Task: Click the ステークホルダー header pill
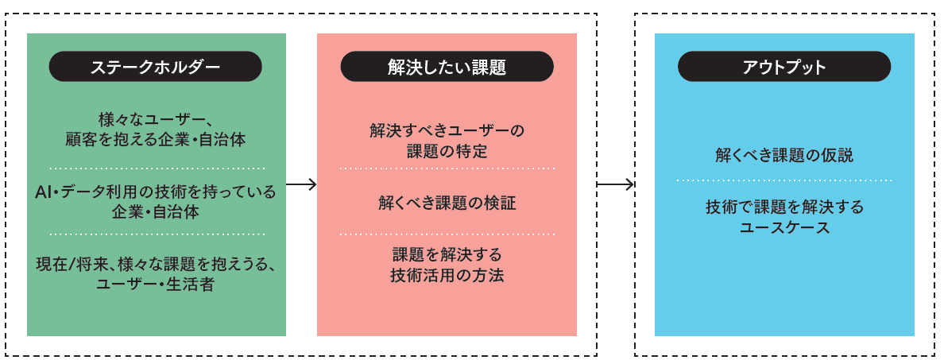(x=156, y=67)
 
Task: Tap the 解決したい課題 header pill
(x=447, y=67)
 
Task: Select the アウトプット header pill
(x=783, y=67)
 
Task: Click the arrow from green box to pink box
(x=301, y=185)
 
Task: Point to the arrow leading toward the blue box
(x=615, y=185)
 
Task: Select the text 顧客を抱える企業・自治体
(x=155, y=139)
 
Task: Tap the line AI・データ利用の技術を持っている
(x=156, y=192)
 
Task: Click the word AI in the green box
(x=44, y=192)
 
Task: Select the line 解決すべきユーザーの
(x=447, y=130)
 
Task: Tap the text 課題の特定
(x=447, y=150)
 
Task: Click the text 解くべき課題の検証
(x=447, y=203)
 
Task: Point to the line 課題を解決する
(x=447, y=255)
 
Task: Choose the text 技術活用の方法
(x=447, y=276)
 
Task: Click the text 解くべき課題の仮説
(x=783, y=156)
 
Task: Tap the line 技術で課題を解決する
(x=783, y=207)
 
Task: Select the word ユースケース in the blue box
(x=783, y=228)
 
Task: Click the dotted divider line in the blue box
(x=783, y=181)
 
